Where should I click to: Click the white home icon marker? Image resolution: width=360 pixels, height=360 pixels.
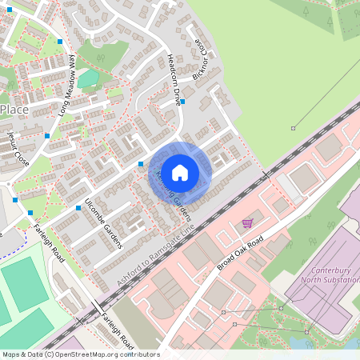(180, 171)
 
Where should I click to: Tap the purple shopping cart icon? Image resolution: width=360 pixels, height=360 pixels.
(248, 223)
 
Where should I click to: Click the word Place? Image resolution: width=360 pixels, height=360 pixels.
(15, 108)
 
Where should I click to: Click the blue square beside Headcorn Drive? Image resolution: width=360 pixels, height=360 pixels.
(183, 102)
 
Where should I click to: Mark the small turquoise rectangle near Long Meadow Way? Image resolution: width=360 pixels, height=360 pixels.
(89, 78)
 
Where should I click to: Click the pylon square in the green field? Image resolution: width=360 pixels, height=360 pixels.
(293, 128)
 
